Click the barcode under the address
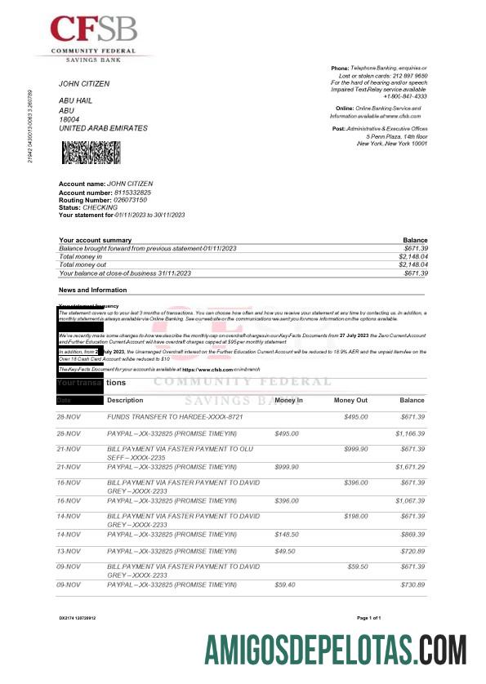pos(91,153)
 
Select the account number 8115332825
pos(127,192)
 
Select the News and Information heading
pos(92,290)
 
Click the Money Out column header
pos(350,401)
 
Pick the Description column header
pos(125,401)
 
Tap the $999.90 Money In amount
pos(288,466)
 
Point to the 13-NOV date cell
pos(69,551)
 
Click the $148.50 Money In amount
pos(288,534)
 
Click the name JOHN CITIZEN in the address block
pos(83,84)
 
